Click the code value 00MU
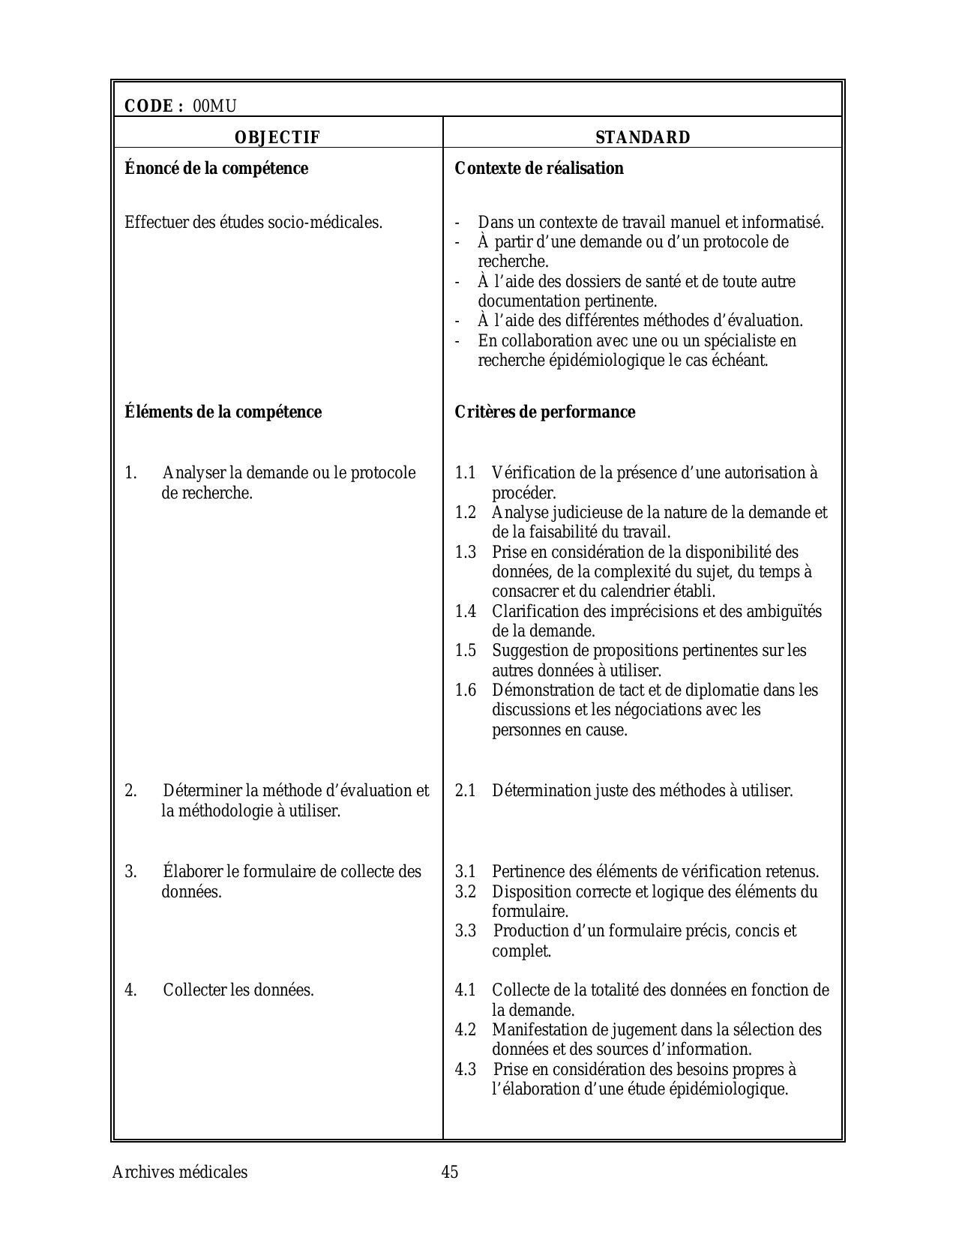214,106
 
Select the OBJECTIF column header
277,138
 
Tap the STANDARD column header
643,138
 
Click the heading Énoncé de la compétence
216,169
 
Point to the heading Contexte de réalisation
539,169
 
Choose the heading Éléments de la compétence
223,412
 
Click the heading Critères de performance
545,412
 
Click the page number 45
450,1172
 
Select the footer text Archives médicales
179,1172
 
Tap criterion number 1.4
466,612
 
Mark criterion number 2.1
466,791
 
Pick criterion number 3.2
466,892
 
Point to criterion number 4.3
466,1070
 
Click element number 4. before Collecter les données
131,990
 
